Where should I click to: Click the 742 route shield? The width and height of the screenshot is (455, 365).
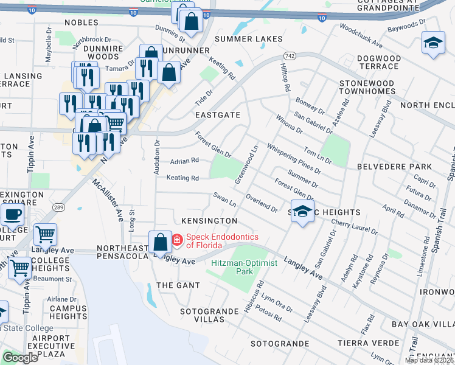(x=290, y=55)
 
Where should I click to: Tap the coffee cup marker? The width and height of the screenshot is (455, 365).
(x=12, y=215)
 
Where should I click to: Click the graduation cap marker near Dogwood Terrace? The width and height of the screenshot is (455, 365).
(x=432, y=43)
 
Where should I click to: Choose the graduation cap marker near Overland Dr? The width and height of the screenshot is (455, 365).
(x=302, y=210)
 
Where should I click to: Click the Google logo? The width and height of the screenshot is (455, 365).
(x=20, y=358)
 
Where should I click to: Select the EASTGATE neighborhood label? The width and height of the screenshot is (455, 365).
(x=218, y=114)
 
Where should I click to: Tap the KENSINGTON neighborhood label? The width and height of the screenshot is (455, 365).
(x=209, y=220)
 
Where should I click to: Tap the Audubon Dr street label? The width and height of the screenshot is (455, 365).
(x=157, y=158)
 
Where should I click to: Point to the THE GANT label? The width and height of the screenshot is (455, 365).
(x=174, y=285)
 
